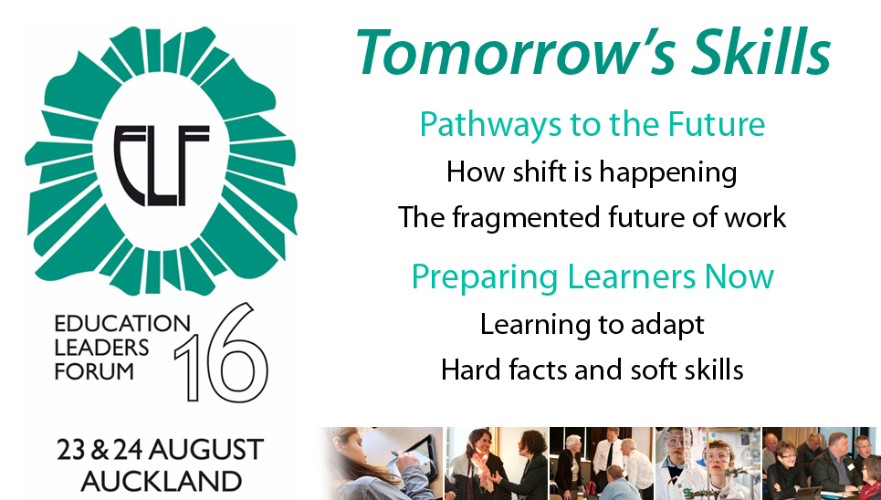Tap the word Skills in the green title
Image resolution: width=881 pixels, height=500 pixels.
pyautogui.click(x=760, y=52)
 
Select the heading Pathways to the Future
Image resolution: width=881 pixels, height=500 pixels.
pyautogui.click(x=593, y=125)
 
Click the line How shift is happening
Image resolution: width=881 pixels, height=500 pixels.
pyautogui.click(x=592, y=172)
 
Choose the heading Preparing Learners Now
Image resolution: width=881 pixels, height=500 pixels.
pyautogui.click(x=593, y=277)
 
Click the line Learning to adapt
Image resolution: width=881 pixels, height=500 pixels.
pyautogui.click(x=593, y=326)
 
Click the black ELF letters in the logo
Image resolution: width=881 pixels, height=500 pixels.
pyautogui.click(x=162, y=165)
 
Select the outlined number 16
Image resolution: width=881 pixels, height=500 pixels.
pyautogui.click(x=221, y=352)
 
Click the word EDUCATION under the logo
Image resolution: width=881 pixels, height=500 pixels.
pyautogui.click(x=122, y=324)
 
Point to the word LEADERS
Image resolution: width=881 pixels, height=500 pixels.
pyautogui.click(x=101, y=348)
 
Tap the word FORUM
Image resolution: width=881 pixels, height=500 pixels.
pyautogui.click(x=94, y=372)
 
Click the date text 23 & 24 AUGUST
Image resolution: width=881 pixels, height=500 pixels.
pyautogui.click(x=160, y=450)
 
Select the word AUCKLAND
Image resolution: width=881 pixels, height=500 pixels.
pyautogui.click(x=162, y=482)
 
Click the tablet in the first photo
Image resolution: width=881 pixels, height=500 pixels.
pyautogui.click(x=417, y=456)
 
